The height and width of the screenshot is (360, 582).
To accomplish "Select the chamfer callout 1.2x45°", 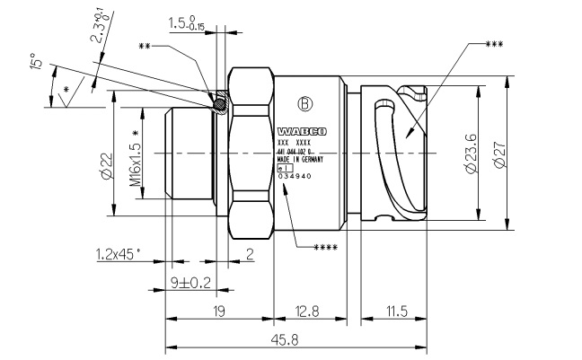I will pyautogui.click(x=118, y=254).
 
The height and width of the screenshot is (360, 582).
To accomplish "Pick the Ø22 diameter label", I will pyautogui.click(x=106, y=163).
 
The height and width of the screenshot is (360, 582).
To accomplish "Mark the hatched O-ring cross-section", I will pyautogui.click(x=219, y=104).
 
